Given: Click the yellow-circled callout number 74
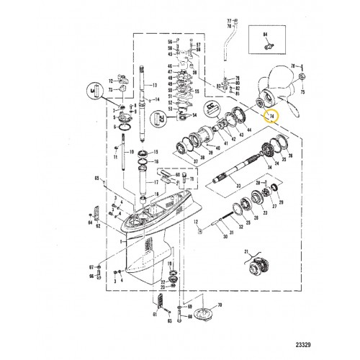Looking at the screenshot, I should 272,114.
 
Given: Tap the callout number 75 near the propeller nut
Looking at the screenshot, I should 302,92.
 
